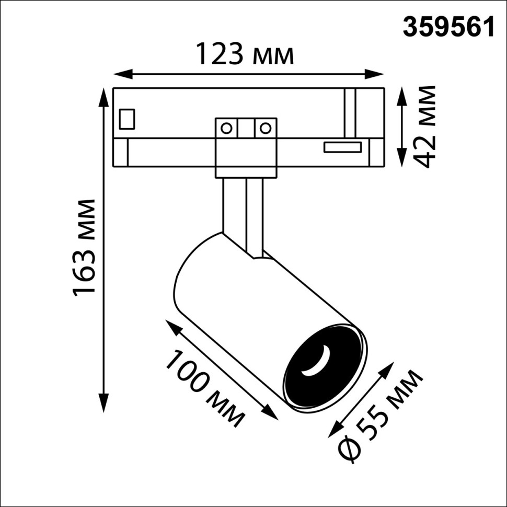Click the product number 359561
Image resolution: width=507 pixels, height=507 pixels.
(448, 27)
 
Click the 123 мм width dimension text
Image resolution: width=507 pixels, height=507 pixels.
(245, 54)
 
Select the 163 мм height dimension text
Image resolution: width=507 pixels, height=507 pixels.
(85, 247)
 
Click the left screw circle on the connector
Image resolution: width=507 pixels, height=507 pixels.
(226, 128)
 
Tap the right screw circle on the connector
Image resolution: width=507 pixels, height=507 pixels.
(266, 128)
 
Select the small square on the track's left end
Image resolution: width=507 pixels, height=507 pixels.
(127, 118)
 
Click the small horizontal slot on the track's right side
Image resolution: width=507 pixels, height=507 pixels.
(342, 147)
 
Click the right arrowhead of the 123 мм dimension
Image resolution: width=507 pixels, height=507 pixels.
(378, 73)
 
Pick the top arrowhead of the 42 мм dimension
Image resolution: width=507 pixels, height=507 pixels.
(401, 94)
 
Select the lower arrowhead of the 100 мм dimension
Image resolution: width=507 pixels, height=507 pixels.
(272, 413)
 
